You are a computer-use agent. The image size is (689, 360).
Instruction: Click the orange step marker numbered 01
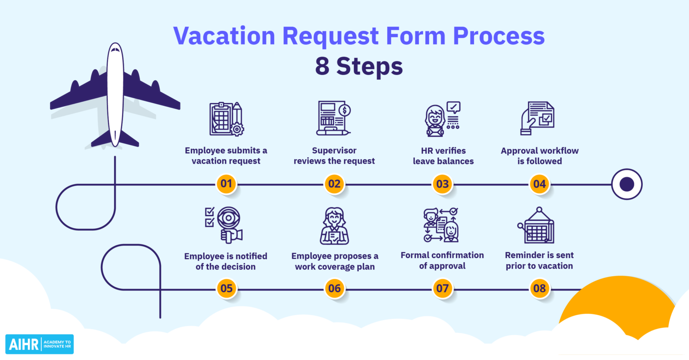coord(227,184)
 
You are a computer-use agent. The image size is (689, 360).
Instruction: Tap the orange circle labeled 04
coord(539,184)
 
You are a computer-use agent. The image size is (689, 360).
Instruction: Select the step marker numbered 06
coord(335,288)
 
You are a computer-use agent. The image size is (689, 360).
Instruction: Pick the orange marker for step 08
coord(539,288)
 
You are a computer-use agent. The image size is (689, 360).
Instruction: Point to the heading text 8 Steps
coord(359,66)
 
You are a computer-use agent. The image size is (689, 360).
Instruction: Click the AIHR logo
coord(39,344)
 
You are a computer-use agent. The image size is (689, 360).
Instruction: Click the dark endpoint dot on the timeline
coord(627,184)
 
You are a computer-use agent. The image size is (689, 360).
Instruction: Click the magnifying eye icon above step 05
coord(224,225)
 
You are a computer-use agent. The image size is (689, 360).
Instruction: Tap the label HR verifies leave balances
coord(443,156)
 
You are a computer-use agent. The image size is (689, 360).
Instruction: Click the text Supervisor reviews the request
coord(334,156)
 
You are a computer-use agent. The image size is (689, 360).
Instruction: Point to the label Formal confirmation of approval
coord(442,260)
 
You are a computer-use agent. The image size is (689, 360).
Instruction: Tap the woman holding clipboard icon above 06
coord(334,226)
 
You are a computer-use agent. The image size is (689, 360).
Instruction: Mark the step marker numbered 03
coord(442,184)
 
